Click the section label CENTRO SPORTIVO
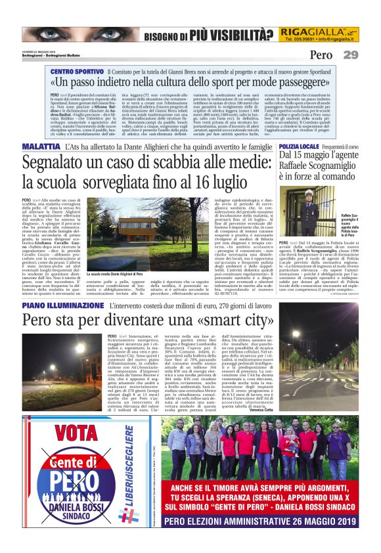pos(77,70)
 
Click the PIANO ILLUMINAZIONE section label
pos(62,306)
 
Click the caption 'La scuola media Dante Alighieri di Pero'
pos(115,271)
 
